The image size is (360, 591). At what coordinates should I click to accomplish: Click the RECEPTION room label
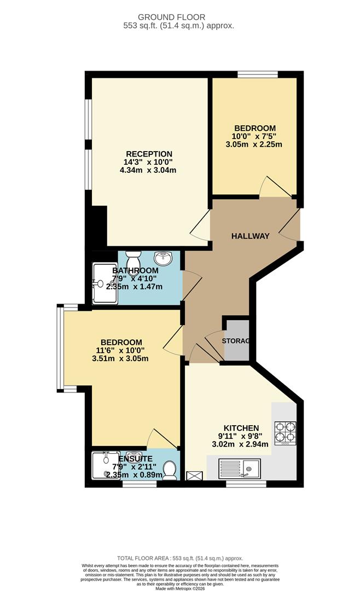149,154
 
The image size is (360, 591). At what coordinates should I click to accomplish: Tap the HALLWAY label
250,236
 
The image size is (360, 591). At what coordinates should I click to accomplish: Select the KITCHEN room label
241,427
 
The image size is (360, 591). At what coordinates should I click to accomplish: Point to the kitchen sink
239,468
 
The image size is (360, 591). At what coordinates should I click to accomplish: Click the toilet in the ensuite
170,468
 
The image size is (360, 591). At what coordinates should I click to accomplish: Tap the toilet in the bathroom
133,258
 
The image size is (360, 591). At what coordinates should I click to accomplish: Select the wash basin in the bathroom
163,257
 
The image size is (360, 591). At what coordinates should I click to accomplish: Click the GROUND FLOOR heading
179,17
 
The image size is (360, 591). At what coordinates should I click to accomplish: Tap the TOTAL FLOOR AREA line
179,557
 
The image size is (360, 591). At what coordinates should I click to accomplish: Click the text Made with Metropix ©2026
179,588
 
